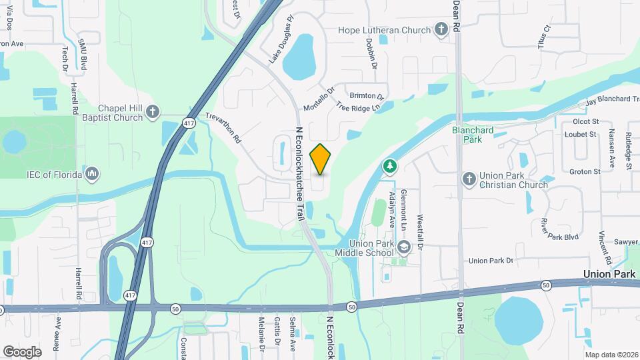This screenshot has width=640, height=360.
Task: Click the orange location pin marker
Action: tap(321, 159)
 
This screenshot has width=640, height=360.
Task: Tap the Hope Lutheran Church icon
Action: tap(441, 29)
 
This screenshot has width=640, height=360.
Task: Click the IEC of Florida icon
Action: tap(93, 175)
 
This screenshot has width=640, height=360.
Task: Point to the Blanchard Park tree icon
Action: tap(389, 165)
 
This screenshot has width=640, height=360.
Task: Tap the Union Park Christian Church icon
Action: tap(469, 178)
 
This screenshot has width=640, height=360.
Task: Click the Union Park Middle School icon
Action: tap(403, 248)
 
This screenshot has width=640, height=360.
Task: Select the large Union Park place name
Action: tap(609, 274)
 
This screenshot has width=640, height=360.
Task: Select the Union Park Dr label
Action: tap(493, 260)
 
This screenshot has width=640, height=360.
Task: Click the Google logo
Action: tap(22, 351)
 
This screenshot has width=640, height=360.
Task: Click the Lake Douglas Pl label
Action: tap(280, 49)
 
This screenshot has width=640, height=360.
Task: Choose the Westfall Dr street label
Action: tap(420, 231)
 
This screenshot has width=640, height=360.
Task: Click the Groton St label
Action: tap(586, 171)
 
